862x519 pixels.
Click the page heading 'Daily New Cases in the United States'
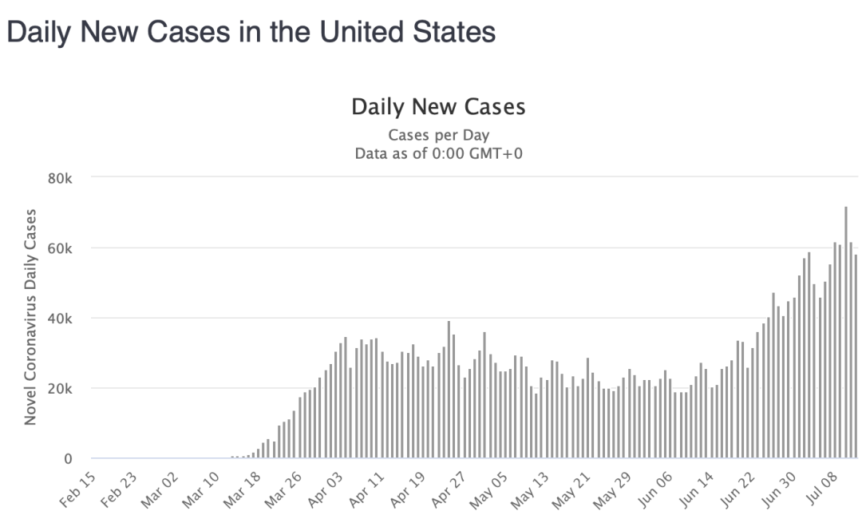click(x=251, y=32)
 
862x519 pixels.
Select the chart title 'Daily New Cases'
click(x=438, y=107)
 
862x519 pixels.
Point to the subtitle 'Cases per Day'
click(x=438, y=135)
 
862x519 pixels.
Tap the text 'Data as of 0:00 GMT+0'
click(x=438, y=153)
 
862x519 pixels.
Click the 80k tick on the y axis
click(x=59, y=177)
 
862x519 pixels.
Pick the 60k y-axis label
click(x=59, y=248)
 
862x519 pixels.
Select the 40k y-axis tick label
click(x=59, y=318)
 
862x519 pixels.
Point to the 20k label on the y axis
click(x=59, y=389)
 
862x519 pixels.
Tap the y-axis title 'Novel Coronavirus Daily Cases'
click(x=31, y=317)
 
